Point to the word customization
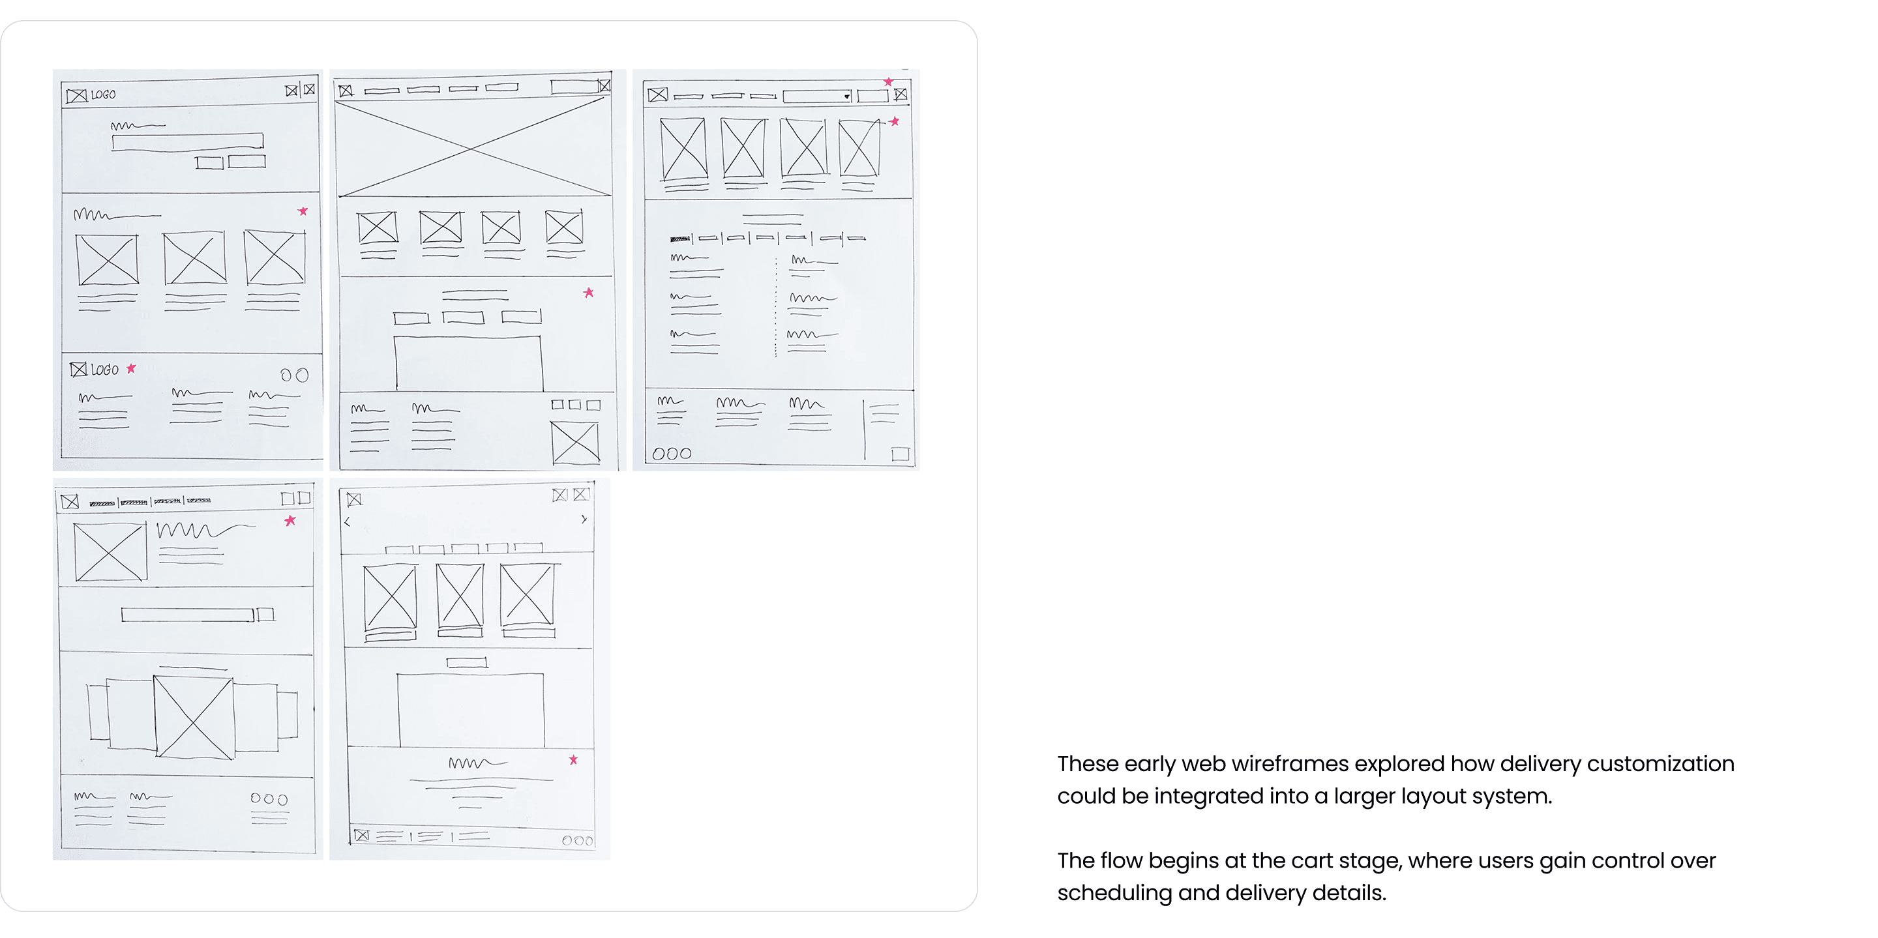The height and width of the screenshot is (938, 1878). tap(1661, 764)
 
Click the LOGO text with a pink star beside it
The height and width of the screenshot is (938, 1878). tap(104, 370)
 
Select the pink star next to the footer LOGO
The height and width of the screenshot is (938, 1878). tap(131, 369)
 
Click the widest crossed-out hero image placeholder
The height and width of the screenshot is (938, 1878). tap(472, 147)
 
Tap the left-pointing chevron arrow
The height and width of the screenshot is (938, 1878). tap(347, 522)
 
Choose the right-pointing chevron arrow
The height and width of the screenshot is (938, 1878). tap(584, 520)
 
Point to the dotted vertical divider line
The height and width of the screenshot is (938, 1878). tap(776, 307)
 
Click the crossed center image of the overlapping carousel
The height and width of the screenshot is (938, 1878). tap(194, 718)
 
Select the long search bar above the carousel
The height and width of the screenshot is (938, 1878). tap(187, 615)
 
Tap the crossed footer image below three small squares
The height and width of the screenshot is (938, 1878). tap(575, 442)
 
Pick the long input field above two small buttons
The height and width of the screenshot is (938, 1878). tap(187, 141)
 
